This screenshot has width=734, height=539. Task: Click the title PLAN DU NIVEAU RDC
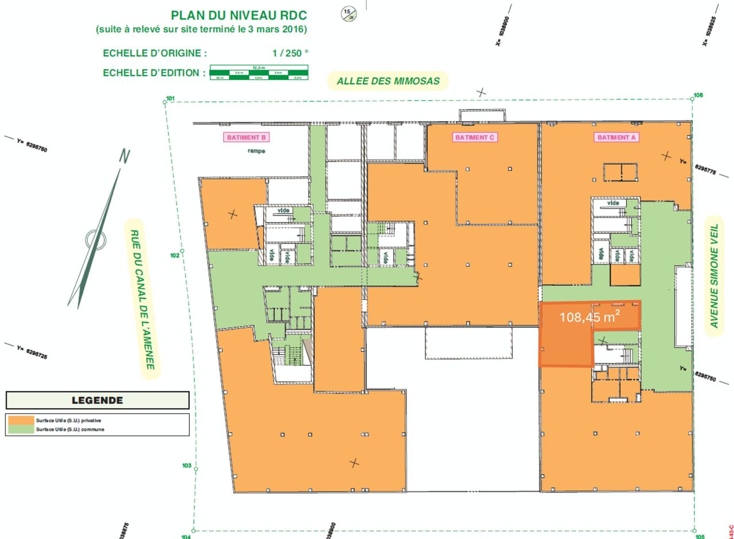click(239, 15)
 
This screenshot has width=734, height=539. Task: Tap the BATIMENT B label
click(246, 138)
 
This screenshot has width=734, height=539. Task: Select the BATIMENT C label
click(474, 138)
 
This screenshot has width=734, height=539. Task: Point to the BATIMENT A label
click(616, 138)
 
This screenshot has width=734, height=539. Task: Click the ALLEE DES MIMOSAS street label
click(388, 81)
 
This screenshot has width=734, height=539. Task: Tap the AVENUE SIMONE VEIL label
click(714, 276)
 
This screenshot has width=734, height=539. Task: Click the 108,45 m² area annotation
click(589, 317)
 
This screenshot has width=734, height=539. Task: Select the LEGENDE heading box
click(97, 401)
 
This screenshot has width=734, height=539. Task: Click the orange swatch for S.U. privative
click(21, 420)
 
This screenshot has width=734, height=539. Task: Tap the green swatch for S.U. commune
click(21, 429)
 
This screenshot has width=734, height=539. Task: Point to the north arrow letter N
click(124, 156)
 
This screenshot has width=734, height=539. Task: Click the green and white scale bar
click(259, 72)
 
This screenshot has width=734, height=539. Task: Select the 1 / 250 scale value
click(290, 53)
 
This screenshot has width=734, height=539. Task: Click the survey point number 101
click(170, 98)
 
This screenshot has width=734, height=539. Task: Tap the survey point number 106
click(698, 95)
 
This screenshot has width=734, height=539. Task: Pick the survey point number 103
click(186, 466)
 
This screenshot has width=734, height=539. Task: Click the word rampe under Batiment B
click(256, 151)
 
